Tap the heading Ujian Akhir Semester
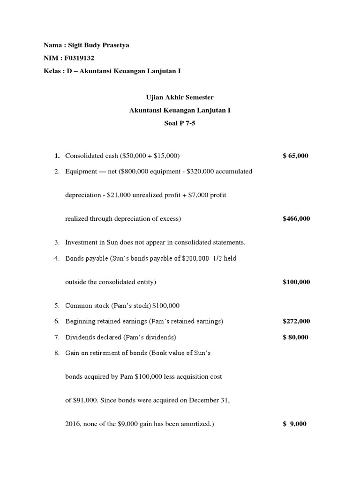point(180,97)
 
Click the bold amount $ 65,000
point(296,156)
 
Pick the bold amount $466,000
point(296,218)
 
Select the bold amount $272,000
point(296,321)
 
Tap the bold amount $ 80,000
point(296,337)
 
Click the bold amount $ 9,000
point(295,424)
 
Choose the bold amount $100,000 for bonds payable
point(296,282)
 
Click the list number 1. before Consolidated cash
point(57,156)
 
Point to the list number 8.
point(57,352)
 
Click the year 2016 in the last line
point(72,424)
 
